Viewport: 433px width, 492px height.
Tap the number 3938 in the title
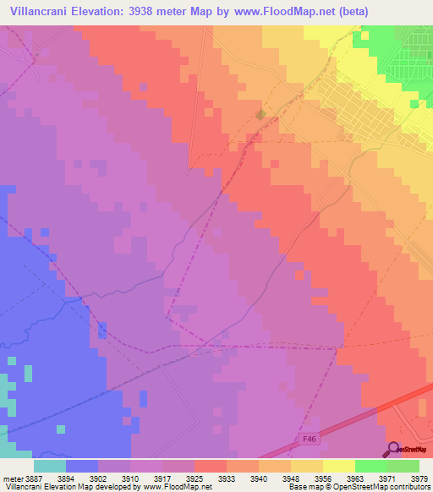(x=165, y=12)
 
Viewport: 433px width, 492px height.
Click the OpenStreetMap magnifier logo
(x=393, y=448)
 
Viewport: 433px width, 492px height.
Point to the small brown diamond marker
(x=261, y=114)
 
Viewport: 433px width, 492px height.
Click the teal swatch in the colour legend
(x=50, y=465)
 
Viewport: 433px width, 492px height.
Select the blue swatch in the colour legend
(x=82, y=465)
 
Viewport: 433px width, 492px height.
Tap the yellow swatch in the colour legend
(x=338, y=465)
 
